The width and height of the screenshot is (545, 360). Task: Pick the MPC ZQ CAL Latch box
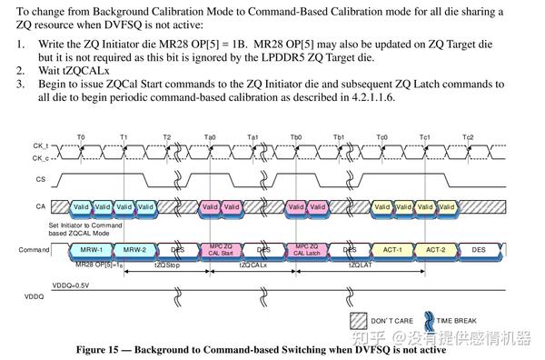pos(305,248)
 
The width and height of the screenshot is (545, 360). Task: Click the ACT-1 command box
pos(391,248)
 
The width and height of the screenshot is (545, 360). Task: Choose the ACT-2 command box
pos(435,248)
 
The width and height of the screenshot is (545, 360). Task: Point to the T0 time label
pos(82,137)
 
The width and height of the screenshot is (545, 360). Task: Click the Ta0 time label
pos(211,137)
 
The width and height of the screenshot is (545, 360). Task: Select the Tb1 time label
pos(339,137)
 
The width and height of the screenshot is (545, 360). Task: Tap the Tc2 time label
pos(468,137)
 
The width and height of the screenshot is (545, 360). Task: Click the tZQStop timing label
pos(166,265)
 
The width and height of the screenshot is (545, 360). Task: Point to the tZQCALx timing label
pos(253,265)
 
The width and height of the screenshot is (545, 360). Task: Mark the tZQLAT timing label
pos(360,265)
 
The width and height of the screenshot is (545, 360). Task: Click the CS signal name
pos(40,179)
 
